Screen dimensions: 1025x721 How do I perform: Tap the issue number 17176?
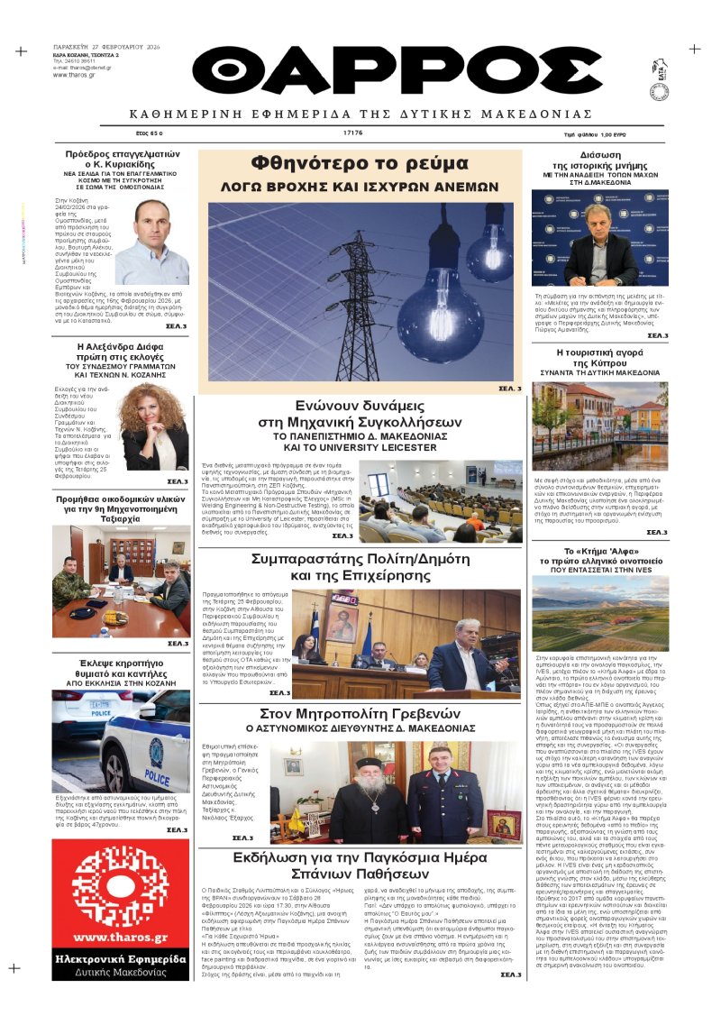pyautogui.click(x=352, y=133)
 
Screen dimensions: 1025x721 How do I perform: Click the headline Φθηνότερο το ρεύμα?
pyautogui.click(x=360, y=164)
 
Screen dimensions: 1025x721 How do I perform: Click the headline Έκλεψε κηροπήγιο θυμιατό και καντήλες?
pyautogui.click(x=121, y=672)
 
